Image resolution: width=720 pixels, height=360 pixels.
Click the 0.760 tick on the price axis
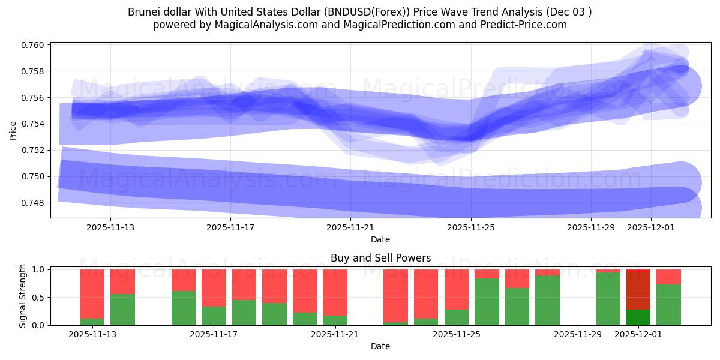coord(33,45)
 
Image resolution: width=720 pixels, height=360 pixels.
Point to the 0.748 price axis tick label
coord(33,203)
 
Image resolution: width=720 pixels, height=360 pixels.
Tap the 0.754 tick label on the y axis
coord(33,124)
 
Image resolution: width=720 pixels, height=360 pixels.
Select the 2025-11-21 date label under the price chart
coord(350,227)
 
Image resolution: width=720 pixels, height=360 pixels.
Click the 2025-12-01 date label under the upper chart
coord(651,227)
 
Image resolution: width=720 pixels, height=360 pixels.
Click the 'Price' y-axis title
coord(13,130)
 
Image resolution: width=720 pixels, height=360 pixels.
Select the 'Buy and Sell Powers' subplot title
coord(380,258)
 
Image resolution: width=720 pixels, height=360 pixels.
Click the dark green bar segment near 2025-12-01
coord(638,317)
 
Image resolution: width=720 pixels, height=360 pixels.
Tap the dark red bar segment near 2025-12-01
coord(638,289)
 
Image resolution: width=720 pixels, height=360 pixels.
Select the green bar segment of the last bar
coord(668,305)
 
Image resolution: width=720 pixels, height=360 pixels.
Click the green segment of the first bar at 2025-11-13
coord(92,322)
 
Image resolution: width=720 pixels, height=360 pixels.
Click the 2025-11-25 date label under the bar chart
coord(456,334)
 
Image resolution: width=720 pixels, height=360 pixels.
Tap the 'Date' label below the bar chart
coord(380,346)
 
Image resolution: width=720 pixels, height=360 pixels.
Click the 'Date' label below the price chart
coord(380,239)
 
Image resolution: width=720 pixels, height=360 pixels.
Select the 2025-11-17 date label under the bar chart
coord(214,334)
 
